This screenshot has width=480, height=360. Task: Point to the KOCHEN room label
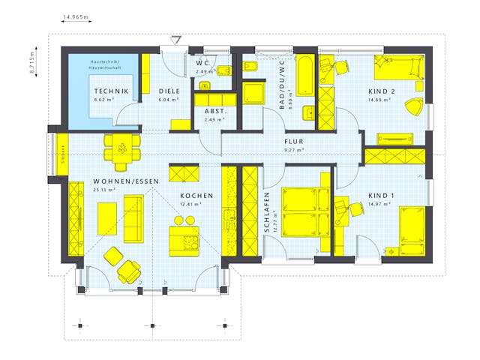pyautogui.click(x=196, y=196)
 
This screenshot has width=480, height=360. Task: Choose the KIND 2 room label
pyautogui.click(x=381, y=91)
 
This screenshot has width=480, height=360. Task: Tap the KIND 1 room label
pyautogui.click(x=381, y=196)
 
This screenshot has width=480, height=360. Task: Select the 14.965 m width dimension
pyautogui.click(x=76, y=15)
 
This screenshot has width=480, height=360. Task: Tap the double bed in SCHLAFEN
pyautogui.click(x=306, y=211)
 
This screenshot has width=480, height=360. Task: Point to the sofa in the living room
pyautogui.click(x=133, y=215)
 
